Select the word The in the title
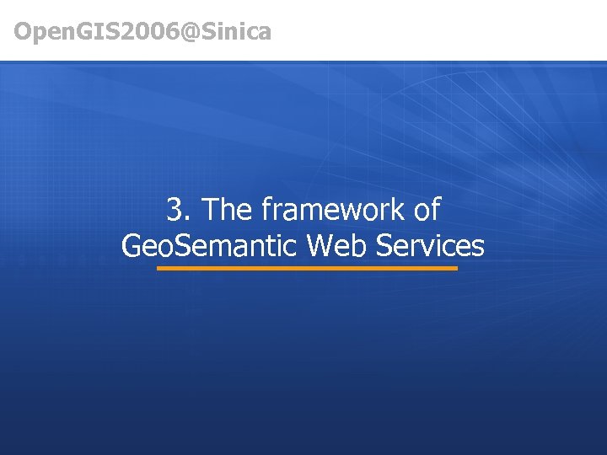coord(228,210)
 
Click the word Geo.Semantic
coord(210,246)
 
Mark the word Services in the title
coord(430,246)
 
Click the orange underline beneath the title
coord(307,269)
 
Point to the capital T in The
coord(212,210)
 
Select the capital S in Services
coord(384,246)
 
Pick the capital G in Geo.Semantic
coord(132,246)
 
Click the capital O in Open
coord(24,32)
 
